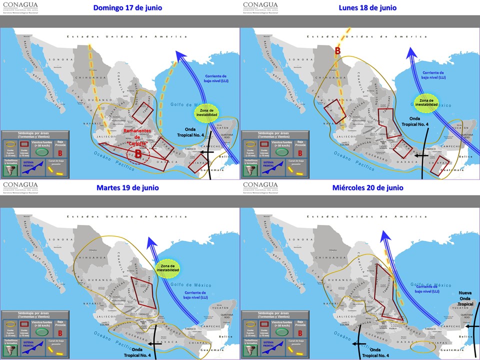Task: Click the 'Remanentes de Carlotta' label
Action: coord(137,136)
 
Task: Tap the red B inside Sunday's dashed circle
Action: coord(137,154)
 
